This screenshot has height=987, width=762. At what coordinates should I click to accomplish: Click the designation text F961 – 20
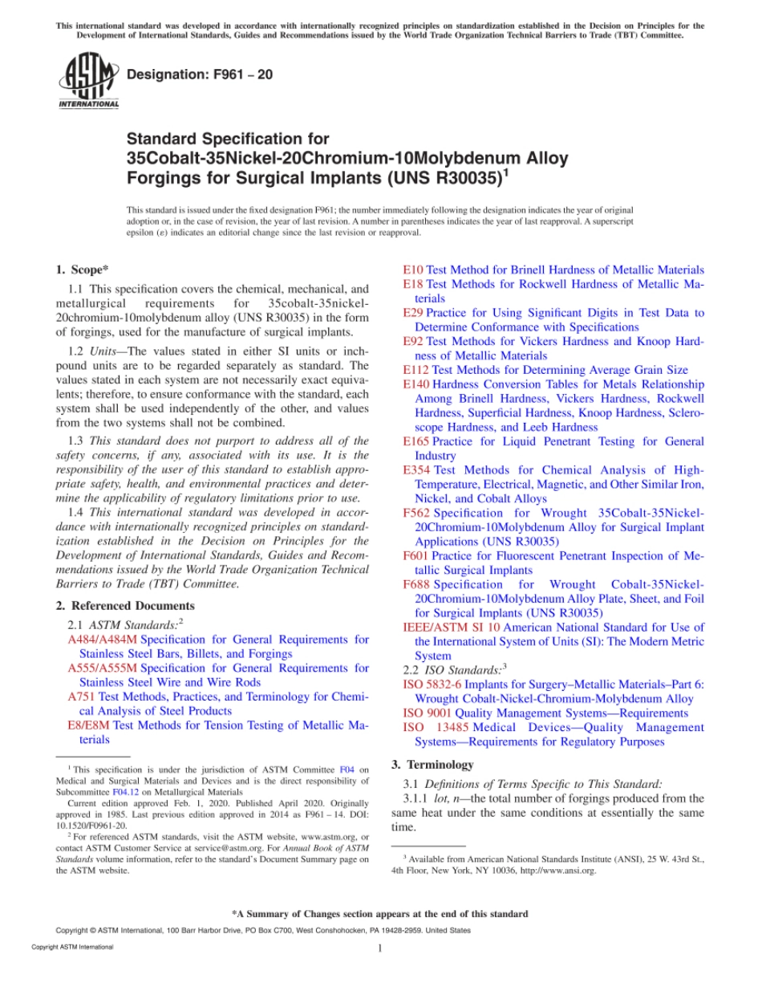point(200,75)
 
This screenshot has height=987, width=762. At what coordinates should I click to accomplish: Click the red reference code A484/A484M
point(103,640)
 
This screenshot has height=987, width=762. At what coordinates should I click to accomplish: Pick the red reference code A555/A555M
point(103,668)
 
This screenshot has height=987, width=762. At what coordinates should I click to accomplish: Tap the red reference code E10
point(412,270)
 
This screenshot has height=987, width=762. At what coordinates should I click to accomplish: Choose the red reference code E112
point(415,370)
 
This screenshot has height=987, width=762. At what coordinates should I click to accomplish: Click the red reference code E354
point(416,470)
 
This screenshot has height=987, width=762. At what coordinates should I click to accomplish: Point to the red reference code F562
point(416,513)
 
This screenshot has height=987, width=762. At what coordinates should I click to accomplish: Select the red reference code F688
point(416,584)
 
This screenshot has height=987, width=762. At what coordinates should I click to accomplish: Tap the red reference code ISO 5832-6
point(432,684)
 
